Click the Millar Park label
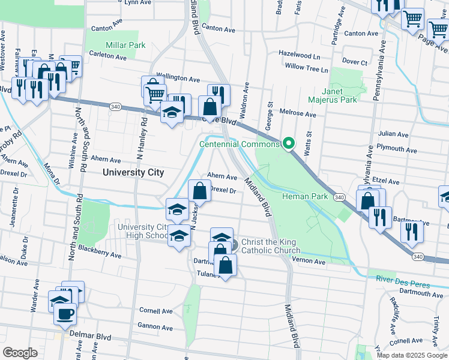tap(125, 45)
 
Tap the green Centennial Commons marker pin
tap(289, 143)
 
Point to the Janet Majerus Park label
tap(333, 95)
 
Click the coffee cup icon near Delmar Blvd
tap(65, 313)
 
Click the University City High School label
tap(143, 231)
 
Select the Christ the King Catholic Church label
tap(271, 246)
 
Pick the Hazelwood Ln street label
tap(299, 54)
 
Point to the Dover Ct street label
tap(354, 62)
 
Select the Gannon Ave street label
tap(155, 328)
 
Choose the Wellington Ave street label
tap(178, 79)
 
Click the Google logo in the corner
tap(20, 353)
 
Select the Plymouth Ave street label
tap(394, 148)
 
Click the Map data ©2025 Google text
tap(412, 355)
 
